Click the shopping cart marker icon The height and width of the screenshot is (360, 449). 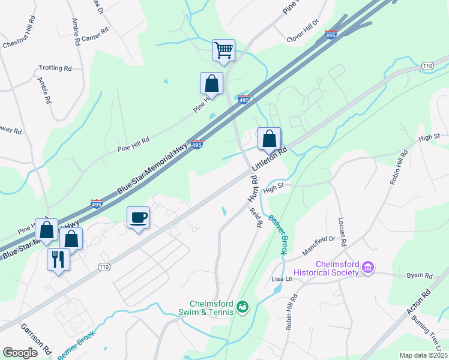tap(223, 50)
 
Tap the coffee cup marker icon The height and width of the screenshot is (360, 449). tap(139, 217)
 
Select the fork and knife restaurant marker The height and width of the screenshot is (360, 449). tap(58, 259)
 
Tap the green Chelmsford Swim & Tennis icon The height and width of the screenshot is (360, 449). tap(243, 308)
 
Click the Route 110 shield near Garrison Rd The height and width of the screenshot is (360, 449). tap(104, 266)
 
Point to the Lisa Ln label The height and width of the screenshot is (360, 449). tap(282, 280)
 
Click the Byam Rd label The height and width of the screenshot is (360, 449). tap(420, 276)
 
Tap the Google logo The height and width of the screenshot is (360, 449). tap(20, 353)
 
